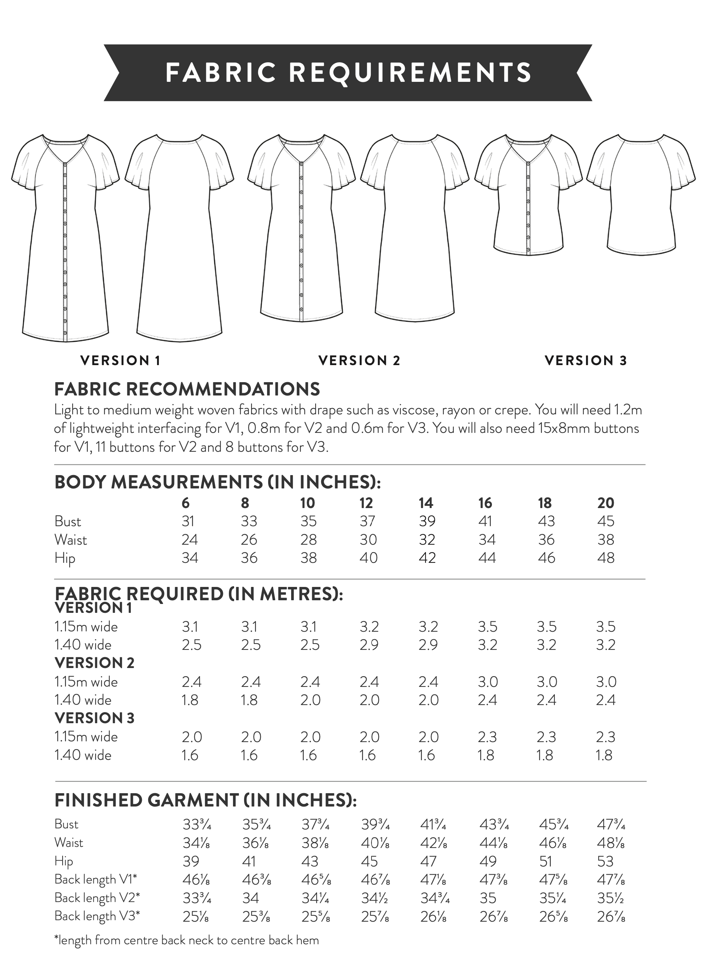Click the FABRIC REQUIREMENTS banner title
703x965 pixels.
(x=348, y=72)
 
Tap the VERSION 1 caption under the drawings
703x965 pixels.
(x=120, y=361)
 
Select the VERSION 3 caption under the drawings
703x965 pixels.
(x=586, y=361)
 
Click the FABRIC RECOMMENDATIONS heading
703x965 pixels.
(x=187, y=389)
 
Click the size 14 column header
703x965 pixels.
(x=426, y=503)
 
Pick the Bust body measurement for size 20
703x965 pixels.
(x=606, y=521)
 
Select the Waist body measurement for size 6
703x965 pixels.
(x=189, y=540)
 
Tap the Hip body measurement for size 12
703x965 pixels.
(x=368, y=558)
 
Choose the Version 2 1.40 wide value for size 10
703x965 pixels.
(x=310, y=700)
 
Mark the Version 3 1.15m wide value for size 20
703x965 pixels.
(x=606, y=737)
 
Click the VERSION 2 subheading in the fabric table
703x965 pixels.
(x=94, y=663)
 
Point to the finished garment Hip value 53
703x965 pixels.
(x=605, y=861)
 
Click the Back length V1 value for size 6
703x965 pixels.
(x=196, y=879)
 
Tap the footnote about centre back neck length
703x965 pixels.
(x=186, y=940)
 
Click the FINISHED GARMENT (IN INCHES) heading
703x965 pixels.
(x=206, y=800)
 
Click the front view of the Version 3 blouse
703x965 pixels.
(x=528, y=196)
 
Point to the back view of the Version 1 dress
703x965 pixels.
(x=179, y=238)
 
